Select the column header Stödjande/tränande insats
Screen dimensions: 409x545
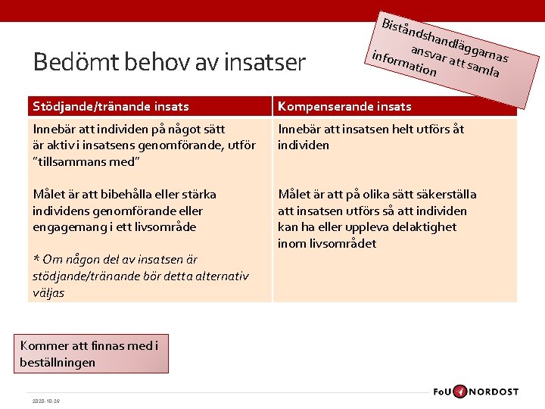(x=111, y=107)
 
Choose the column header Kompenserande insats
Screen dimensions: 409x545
(x=344, y=107)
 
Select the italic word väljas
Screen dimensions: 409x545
(x=48, y=292)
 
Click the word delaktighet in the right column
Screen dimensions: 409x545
(x=420, y=227)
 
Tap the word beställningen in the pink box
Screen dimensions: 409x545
(x=58, y=362)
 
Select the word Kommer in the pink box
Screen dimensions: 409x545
(x=44, y=346)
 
